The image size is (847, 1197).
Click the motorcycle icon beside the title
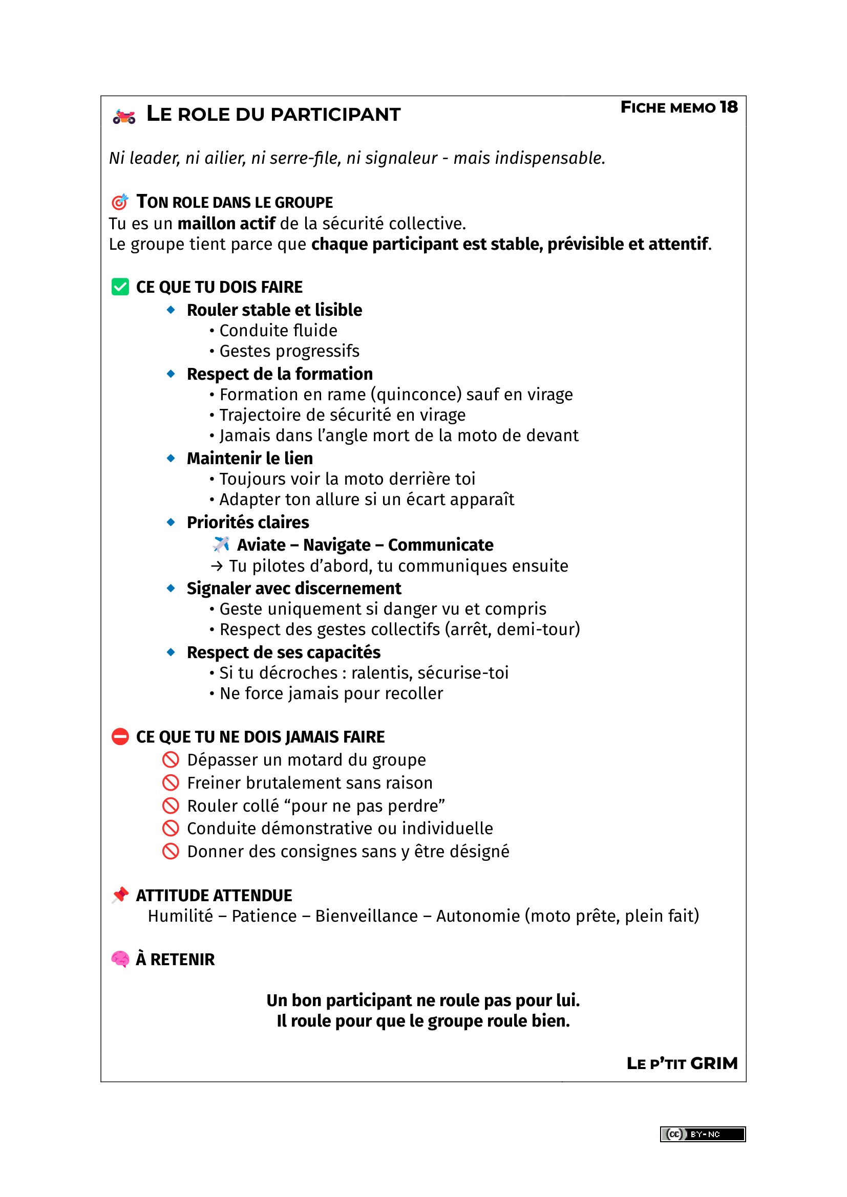pos(124,116)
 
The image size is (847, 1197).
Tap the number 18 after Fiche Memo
pos(729,107)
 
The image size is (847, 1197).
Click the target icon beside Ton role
pos(120,201)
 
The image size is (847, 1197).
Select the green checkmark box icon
pos(120,287)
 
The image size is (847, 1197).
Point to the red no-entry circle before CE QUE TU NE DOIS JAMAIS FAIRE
pos(120,736)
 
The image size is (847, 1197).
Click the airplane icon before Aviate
pos(221,545)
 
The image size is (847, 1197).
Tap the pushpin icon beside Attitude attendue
pos(120,895)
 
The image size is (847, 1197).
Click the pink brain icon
pos(120,959)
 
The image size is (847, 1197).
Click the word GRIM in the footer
pos(713,1063)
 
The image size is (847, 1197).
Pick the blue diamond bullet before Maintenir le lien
pos(171,458)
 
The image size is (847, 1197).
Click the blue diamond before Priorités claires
pos(171,522)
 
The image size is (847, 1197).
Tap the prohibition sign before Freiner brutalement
pos(171,782)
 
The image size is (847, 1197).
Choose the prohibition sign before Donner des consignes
pos(171,852)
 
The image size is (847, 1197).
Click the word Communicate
pos(440,545)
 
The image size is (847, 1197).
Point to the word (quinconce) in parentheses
pos(416,395)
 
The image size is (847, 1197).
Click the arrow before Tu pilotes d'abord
pos(217,566)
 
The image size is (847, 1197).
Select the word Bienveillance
pos(366,916)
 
